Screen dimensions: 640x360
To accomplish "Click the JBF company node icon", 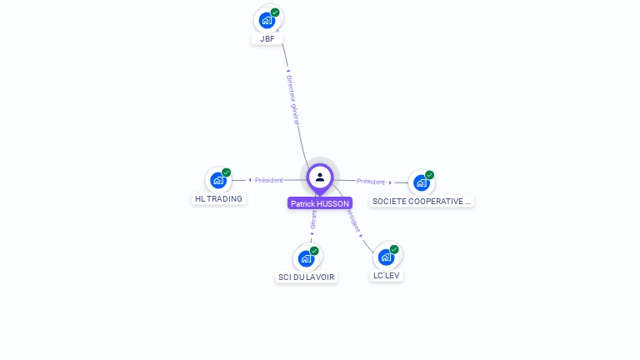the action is [267, 20].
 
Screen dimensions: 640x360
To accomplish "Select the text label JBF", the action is [267, 39].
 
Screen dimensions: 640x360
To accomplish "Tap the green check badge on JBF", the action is [275, 12].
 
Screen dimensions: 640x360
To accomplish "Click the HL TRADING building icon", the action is [218, 180].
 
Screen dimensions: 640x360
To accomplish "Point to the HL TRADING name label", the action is [218, 199].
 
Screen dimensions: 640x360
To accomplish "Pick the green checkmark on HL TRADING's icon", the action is [227, 172].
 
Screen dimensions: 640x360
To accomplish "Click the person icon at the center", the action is [320, 177].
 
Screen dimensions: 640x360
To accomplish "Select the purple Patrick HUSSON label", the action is [320, 203].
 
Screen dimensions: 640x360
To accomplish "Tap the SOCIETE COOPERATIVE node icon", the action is [422, 182].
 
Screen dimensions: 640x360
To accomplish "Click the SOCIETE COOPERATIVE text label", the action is [422, 202].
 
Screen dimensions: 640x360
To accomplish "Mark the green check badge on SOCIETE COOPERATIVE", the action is [430, 175].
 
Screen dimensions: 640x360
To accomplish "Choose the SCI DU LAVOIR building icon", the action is [306, 258].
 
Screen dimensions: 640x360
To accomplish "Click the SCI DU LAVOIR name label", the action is [307, 277].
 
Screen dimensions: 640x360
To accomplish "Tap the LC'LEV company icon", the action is [387, 257].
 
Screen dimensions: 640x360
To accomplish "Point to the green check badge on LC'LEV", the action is [395, 249].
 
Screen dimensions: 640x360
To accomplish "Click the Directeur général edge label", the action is [293, 100].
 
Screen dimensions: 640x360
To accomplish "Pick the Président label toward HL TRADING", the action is [268, 180].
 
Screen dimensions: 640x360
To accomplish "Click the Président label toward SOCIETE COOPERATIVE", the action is [371, 182].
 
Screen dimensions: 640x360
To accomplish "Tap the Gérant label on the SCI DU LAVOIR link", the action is [313, 221].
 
